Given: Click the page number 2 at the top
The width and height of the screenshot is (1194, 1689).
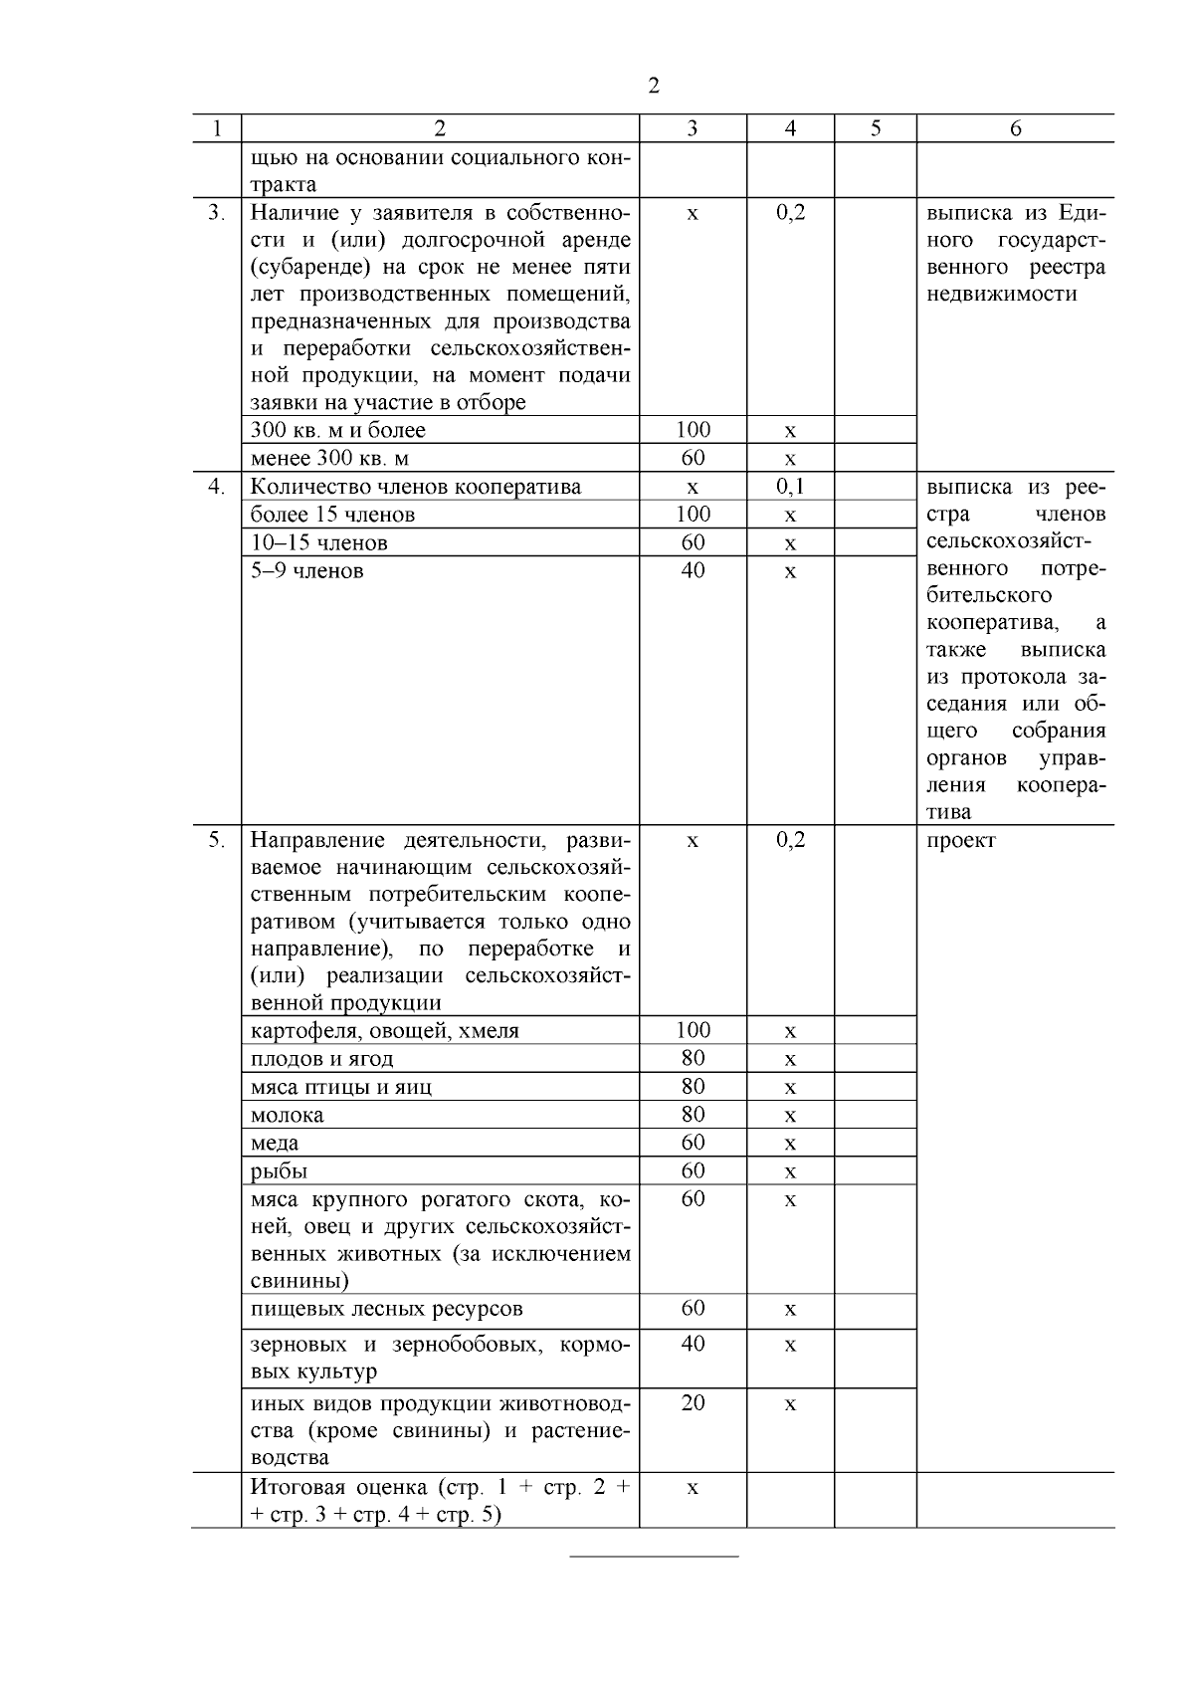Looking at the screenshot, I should pos(653,86).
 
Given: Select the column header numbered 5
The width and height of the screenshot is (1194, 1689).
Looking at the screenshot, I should pos(875,128).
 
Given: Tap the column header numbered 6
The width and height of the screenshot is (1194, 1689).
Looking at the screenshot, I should pos(1015,128).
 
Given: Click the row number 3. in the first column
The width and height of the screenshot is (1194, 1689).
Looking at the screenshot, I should pos(216,213).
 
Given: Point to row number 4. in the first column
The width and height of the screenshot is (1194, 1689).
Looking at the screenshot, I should pos(216,487).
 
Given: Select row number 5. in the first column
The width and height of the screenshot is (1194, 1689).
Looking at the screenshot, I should pos(216,840).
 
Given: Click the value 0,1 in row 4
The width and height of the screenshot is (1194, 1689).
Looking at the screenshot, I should pos(790,487).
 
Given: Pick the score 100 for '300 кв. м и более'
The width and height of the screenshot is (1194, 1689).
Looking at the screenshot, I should pos(693,430).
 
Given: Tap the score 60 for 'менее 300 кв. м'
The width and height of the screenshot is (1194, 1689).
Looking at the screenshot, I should pos(693,458).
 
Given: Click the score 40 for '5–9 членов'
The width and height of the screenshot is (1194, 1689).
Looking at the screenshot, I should pos(693,570).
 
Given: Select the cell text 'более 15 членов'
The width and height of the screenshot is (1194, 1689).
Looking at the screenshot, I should pos(332,515).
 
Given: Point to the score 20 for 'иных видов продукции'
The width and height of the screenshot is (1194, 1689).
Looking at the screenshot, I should pos(693,1403).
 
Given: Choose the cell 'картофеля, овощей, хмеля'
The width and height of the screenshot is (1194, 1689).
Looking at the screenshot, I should pos(384,1031).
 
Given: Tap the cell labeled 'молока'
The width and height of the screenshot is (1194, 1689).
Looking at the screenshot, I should pos(287,1115).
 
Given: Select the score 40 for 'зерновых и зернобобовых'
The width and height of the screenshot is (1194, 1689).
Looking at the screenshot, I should pos(693,1345).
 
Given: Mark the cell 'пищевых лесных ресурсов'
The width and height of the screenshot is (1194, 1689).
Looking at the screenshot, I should pos(386,1309).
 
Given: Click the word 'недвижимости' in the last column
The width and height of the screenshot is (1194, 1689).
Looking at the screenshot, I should pos(1001,295).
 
